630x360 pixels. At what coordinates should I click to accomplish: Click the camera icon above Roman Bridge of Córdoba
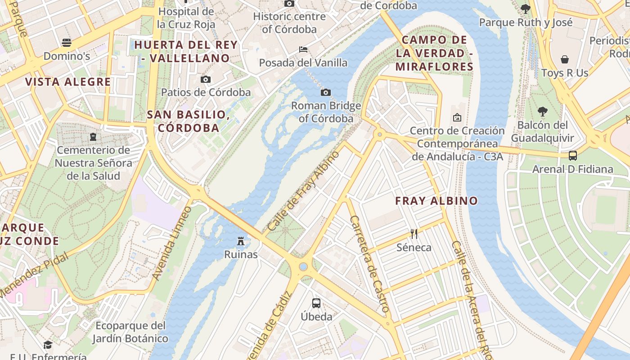coord(325,93)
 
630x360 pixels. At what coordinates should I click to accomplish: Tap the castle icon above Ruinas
coord(241,242)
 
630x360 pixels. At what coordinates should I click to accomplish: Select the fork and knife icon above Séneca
coord(414,234)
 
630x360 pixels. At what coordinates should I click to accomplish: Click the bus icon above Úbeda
coord(316,303)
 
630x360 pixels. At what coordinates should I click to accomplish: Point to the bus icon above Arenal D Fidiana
coord(572,156)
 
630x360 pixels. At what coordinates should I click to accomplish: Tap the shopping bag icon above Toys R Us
coord(564,59)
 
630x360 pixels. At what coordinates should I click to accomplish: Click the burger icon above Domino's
coord(67,43)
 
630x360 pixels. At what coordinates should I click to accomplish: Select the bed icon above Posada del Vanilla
coord(303,49)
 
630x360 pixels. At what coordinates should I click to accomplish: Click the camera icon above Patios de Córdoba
coord(205,80)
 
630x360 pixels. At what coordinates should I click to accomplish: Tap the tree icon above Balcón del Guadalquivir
coord(543,112)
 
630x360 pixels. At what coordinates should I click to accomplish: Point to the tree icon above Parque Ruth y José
coord(525,9)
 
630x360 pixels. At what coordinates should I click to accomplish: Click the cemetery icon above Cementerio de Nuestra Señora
coord(93,136)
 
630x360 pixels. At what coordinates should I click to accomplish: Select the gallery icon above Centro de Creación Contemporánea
coord(457,117)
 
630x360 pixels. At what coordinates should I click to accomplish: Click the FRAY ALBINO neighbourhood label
coord(436,201)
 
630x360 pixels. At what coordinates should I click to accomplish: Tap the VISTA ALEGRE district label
coord(68,82)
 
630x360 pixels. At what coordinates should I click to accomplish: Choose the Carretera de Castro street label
coord(369,264)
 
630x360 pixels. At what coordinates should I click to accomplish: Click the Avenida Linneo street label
coord(172,243)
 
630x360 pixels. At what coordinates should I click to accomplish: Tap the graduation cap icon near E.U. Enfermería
coord(48,345)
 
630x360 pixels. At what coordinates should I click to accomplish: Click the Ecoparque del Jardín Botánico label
coord(130,332)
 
